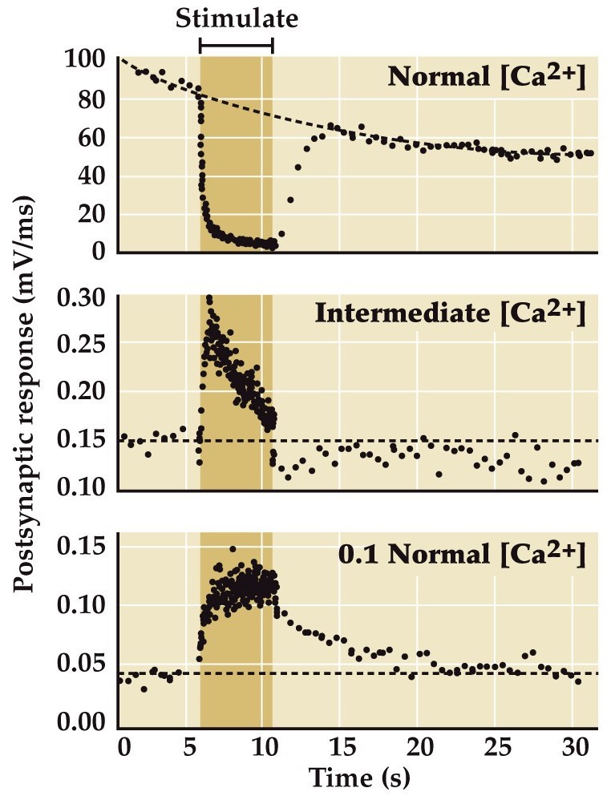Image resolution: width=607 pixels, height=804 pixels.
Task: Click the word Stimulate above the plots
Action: (237, 18)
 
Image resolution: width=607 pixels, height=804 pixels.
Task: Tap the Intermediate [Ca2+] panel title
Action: (451, 313)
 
